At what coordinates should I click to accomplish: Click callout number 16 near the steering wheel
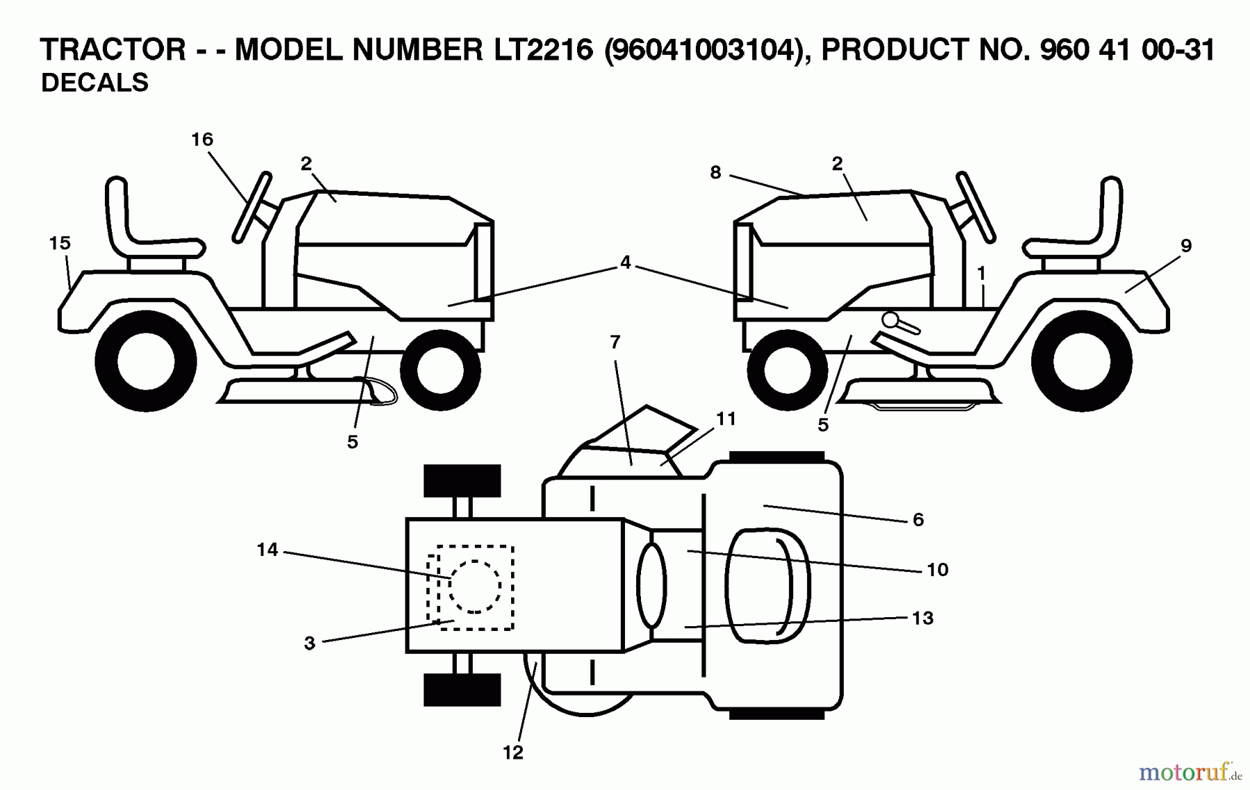pyautogui.click(x=202, y=140)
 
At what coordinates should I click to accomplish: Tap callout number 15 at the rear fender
pyautogui.click(x=60, y=243)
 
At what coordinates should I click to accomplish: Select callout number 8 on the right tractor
pyautogui.click(x=715, y=172)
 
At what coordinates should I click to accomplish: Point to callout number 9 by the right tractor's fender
pyautogui.click(x=1186, y=245)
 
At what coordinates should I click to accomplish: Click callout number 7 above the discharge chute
pyautogui.click(x=615, y=342)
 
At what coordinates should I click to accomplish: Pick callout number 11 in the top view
pyautogui.click(x=726, y=419)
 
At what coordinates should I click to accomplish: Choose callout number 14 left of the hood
pyautogui.click(x=267, y=550)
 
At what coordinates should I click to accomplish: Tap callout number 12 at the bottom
pyautogui.click(x=512, y=753)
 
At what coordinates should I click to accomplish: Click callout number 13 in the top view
pyautogui.click(x=922, y=618)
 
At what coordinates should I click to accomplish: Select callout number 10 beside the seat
pyautogui.click(x=937, y=569)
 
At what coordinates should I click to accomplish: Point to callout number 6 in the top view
pyautogui.click(x=918, y=519)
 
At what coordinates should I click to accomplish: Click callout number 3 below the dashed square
pyautogui.click(x=310, y=644)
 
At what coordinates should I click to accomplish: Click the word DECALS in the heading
pyautogui.click(x=94, y=83)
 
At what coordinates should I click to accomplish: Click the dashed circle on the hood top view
pyautogui.click(x=474, y=587)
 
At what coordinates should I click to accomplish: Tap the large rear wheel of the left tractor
pyautogui.click(x=147, y=361)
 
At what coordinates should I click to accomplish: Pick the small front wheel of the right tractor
pyautogui.click(x=787, y=369)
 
